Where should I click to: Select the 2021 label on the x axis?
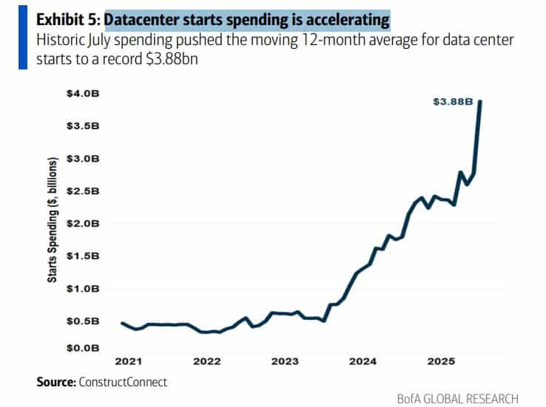click(x=129, y=362)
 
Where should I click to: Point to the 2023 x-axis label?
click(x=285, y=362)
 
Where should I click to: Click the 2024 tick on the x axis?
click(x=363, y=362)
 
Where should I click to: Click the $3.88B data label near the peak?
click(x=453, y=102)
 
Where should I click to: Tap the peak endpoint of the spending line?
click(x=481, y=102)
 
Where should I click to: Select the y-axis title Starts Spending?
click(x=53, y=220)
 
